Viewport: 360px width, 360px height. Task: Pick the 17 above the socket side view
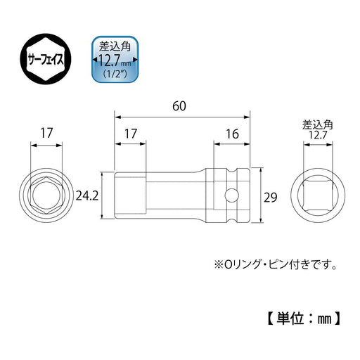pos(131,132)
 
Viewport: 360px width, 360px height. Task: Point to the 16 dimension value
pos(231,132)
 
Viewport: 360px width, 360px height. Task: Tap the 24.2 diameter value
pos(87,193)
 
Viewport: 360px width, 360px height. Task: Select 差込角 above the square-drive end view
pos(319,124)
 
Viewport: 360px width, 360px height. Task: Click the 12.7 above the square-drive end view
pos(319,134)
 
